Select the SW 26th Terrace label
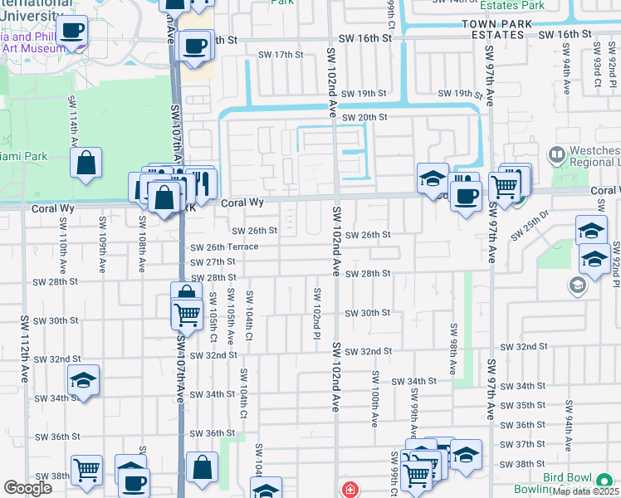coord(224,247)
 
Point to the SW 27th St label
coord(213,261)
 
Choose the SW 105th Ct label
coord(213,315)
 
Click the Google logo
coord(27,488)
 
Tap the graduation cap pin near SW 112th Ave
coord(83,380)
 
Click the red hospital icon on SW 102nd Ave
coord(350,489)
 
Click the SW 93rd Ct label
coord(597,73)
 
